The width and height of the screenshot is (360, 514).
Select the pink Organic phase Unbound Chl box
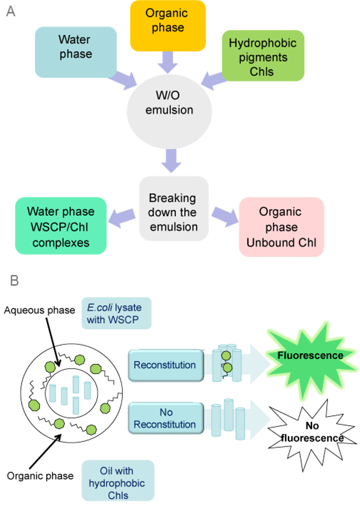(281, 227)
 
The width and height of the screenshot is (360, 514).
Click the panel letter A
(11, 12)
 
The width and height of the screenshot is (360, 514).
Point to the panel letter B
(14, 281)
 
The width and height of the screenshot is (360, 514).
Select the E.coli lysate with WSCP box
(116, 313)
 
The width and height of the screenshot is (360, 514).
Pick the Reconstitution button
(165, 365)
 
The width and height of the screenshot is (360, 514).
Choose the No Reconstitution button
(165, 418)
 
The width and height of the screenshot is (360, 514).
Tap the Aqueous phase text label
(39, 309)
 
